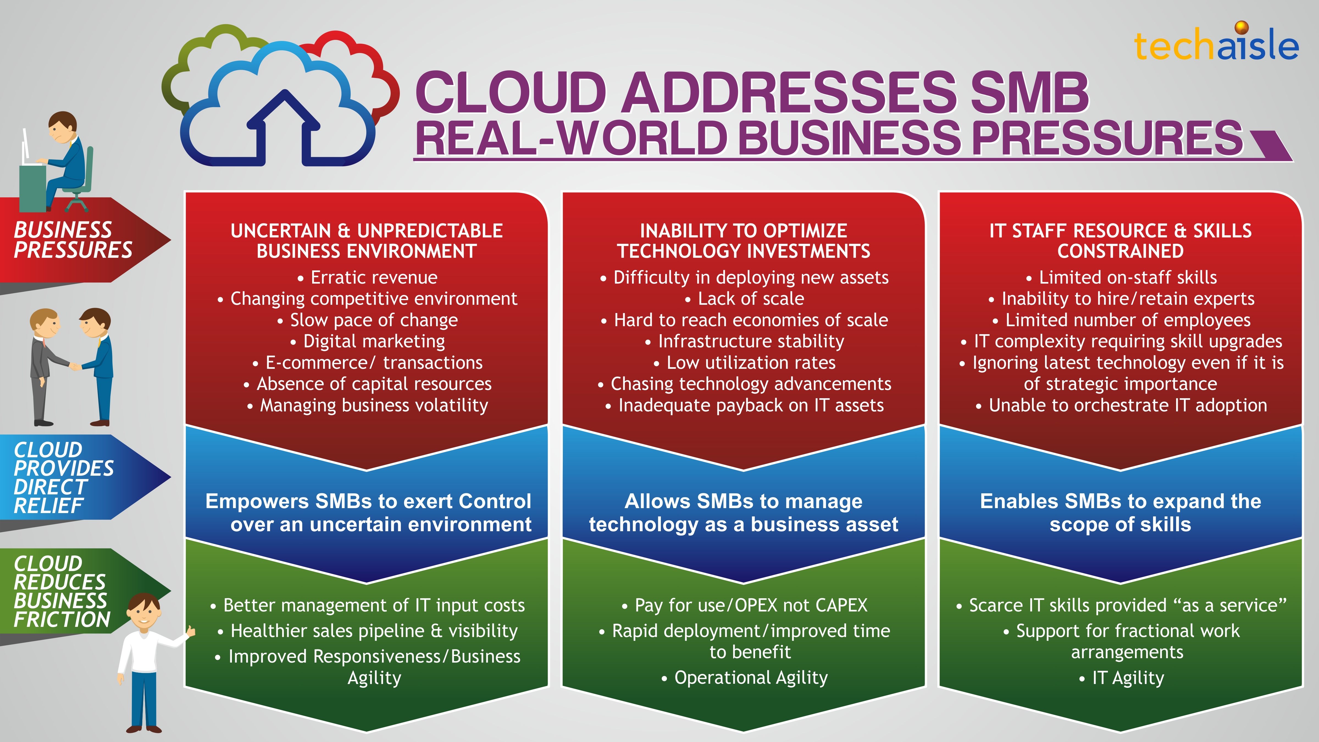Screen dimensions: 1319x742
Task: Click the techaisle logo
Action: click(1216, 43)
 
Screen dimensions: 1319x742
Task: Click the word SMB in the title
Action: click(1029, 92)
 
